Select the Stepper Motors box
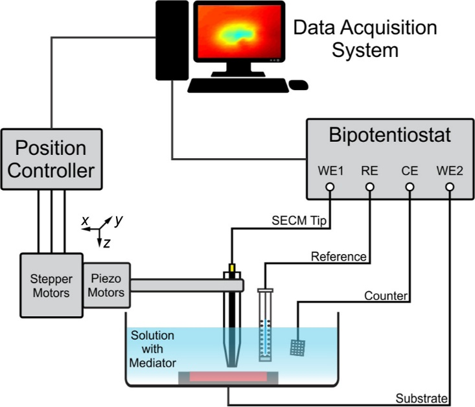51,286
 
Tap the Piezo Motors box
106,285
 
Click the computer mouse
298,85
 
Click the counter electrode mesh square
299,348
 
